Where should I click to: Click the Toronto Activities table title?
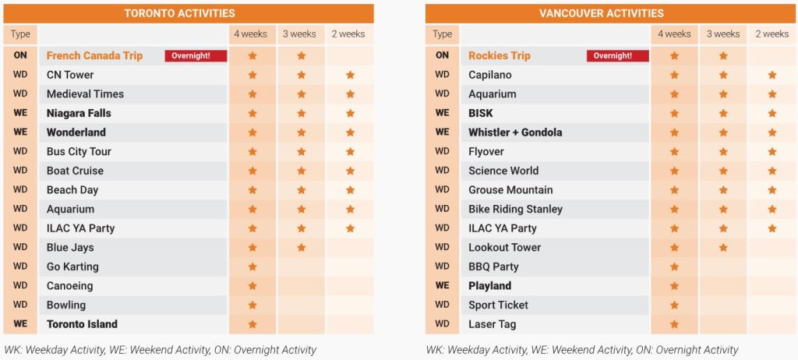pos(180,13)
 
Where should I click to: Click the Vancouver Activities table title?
pos(602,13)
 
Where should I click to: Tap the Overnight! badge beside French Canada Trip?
pos(196,55)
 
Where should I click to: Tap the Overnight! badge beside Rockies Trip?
pos(618,55)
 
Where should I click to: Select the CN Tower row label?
pos(70,75)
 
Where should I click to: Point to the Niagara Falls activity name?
pos(79,113)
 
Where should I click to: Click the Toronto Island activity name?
pos(82,324)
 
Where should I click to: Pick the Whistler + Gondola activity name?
pos(515,132)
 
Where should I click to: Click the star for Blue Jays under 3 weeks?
pos(302,248)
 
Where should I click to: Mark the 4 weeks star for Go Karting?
pos(252,266)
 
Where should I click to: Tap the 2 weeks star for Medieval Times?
pos(350,94)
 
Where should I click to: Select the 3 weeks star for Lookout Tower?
pos(723,248)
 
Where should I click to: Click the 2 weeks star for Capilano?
pos(772,75)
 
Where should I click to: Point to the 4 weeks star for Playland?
pos(674,286)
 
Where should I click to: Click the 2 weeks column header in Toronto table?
pos(348,34)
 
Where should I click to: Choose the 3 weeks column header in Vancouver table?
pos(723,34)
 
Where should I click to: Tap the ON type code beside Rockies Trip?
pos(443,55)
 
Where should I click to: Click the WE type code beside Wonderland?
pos(20,132)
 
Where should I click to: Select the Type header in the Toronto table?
pos(20,34)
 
